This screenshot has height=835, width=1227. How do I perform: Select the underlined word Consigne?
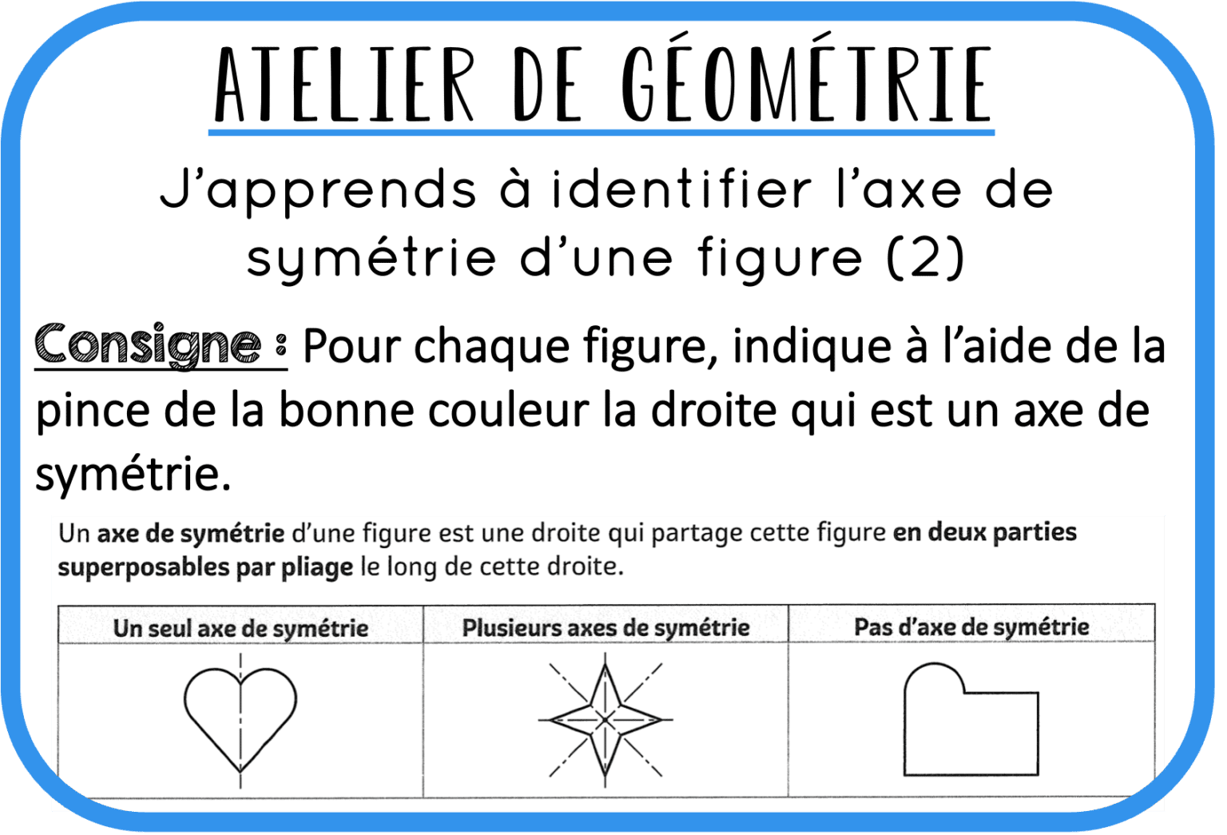point(149,345)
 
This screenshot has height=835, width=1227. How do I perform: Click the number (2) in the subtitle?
point(926,258)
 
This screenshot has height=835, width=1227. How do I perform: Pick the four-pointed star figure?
point(606,719)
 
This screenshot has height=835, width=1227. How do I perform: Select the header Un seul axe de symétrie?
point(240,628)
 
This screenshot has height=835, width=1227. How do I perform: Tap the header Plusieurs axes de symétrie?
point(606,628)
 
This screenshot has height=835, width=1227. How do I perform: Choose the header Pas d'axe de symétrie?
point(971,627)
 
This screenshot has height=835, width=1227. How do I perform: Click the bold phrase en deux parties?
point(984,533)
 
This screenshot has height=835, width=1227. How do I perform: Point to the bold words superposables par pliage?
point(205,567)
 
